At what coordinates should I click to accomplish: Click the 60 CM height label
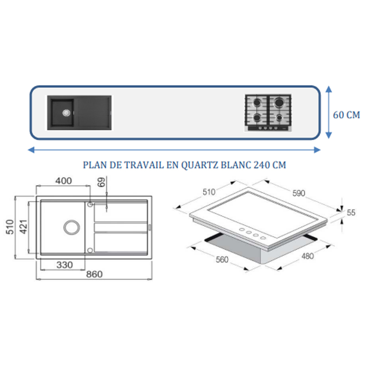pyautogui.click(x=346, y=115)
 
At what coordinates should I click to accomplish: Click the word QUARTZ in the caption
pyautogui.click(x=200, y=165)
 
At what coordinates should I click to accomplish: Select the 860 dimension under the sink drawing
pyautogui.click(x=94, y=274)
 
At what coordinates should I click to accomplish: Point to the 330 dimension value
pyautogui.click(x=64, y=265)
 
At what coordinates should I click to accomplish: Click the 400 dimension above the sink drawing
pyautogui.click(x=63, y=181)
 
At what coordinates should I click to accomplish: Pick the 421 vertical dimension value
pyautogui.click(x=24, y=227)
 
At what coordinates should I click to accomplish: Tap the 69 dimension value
pyautogui.click(x=101, y=182)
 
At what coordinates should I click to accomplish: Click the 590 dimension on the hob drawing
pyautogui.click(x=299, y=193)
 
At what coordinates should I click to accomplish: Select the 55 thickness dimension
pyautogui.click(x=351, y=213)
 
